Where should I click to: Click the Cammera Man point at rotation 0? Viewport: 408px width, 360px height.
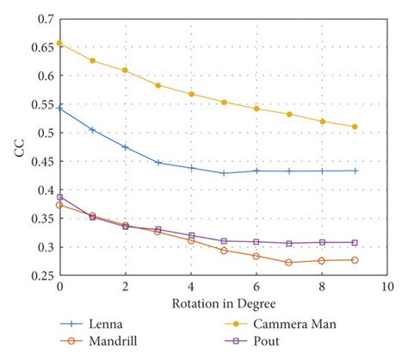[x=59, y=43]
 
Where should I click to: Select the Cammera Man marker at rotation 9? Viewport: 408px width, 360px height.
[x=355, y=127]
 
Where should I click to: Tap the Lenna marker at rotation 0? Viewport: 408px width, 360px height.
[x=59, y=109]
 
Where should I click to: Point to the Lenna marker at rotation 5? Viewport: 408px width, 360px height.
[x=224, y=173]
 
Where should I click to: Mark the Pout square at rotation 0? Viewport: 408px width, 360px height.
[x=59, y=197]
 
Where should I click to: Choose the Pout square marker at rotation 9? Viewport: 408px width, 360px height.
[x=355, y=243]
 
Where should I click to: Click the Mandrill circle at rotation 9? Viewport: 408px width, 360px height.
[x=355, y=260]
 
